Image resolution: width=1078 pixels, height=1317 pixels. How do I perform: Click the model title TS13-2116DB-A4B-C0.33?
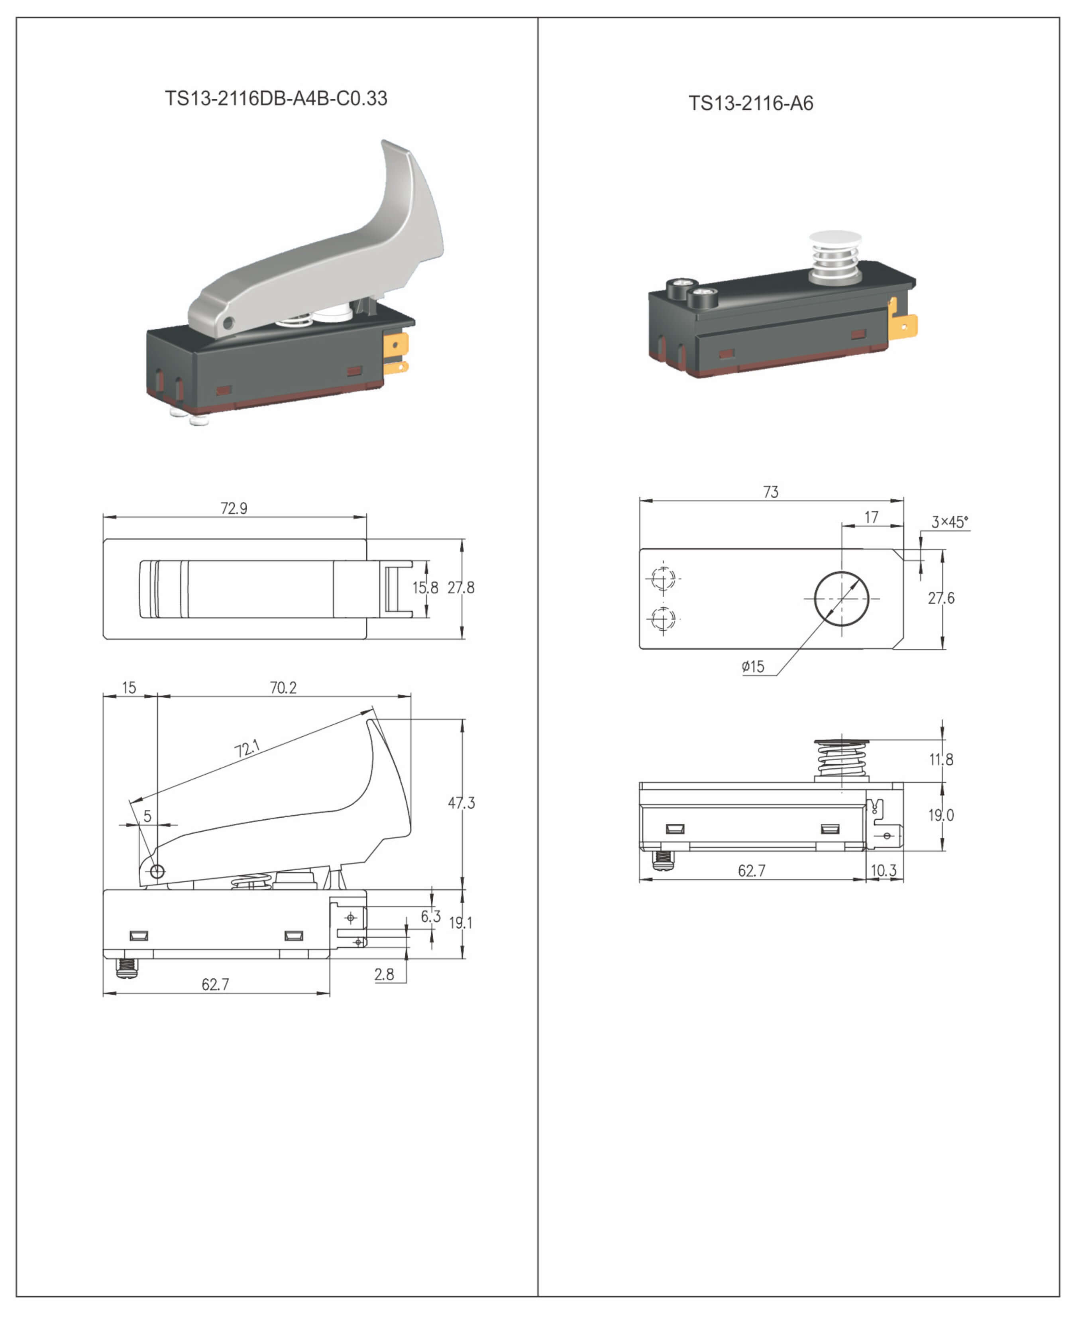[x=276, y=98]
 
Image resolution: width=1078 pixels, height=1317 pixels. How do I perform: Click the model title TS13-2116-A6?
[x=751, y=103]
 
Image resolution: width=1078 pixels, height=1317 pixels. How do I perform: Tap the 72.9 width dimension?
[x=234, y=508]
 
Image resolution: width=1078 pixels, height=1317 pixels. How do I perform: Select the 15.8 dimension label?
[x=425, y=587]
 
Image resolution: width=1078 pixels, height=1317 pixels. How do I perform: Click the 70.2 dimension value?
[x=283, y=687]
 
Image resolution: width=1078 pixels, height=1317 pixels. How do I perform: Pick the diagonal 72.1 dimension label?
[x=247, y=748]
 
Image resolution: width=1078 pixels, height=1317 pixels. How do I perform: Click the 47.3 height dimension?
[x=461, y=803]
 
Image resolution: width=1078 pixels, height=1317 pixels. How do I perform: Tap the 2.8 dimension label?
[x=385, y=974]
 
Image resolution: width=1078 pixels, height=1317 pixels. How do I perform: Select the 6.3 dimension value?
[x=431, y=916]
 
